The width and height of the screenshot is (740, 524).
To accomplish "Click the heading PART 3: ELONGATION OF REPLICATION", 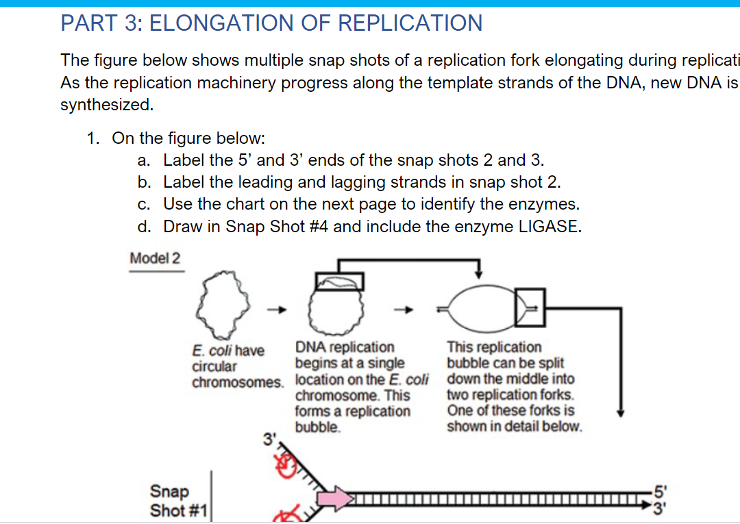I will tap(271, 23).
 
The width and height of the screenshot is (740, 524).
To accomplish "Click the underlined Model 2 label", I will tap(156, 258).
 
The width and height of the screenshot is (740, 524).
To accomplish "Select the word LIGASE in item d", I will tap(549, 227).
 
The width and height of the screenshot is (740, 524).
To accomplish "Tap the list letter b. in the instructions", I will tap(144, 182).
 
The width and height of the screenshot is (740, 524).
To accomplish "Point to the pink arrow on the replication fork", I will tap(332, 497).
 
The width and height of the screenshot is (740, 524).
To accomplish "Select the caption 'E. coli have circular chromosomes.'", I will tap(236, 366).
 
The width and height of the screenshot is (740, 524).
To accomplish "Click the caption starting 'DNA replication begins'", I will tap(361, 387).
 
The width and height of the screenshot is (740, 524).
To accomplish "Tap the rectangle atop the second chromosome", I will tap(339, 281).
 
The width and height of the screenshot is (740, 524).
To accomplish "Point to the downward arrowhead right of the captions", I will tap(620, 412).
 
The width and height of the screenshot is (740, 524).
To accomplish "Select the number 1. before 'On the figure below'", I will tap(94, 138).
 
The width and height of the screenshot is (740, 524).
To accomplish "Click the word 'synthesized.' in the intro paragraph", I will tap(106, 105).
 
